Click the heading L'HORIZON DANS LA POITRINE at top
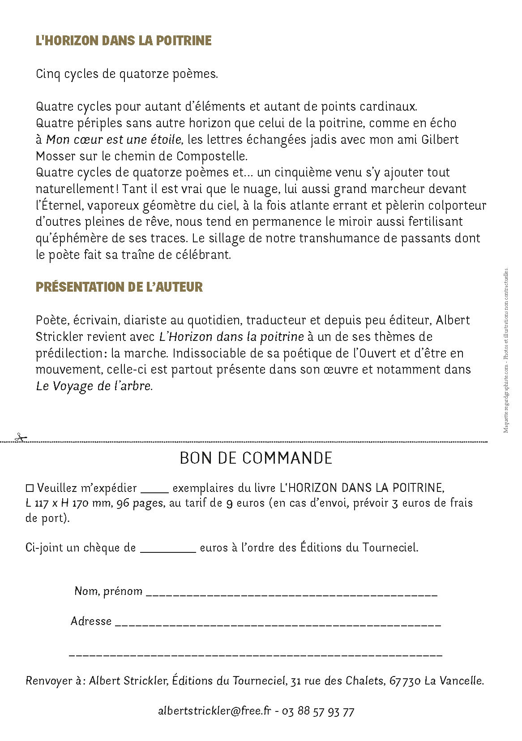click(x=124, y=41)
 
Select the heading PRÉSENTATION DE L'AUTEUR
click(x=119, y=287)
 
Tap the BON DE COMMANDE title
click(x=256, y=458)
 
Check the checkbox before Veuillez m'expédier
click(x=30, y=487)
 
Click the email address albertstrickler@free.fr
click(x=214, y=711)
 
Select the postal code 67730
click(x=405, y=681)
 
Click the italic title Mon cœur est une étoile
click(x=114, y=140)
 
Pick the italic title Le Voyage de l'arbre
click(x=94, y=386)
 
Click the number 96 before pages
click(x=123, y=503)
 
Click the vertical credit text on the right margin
click(x=506, y=349)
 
